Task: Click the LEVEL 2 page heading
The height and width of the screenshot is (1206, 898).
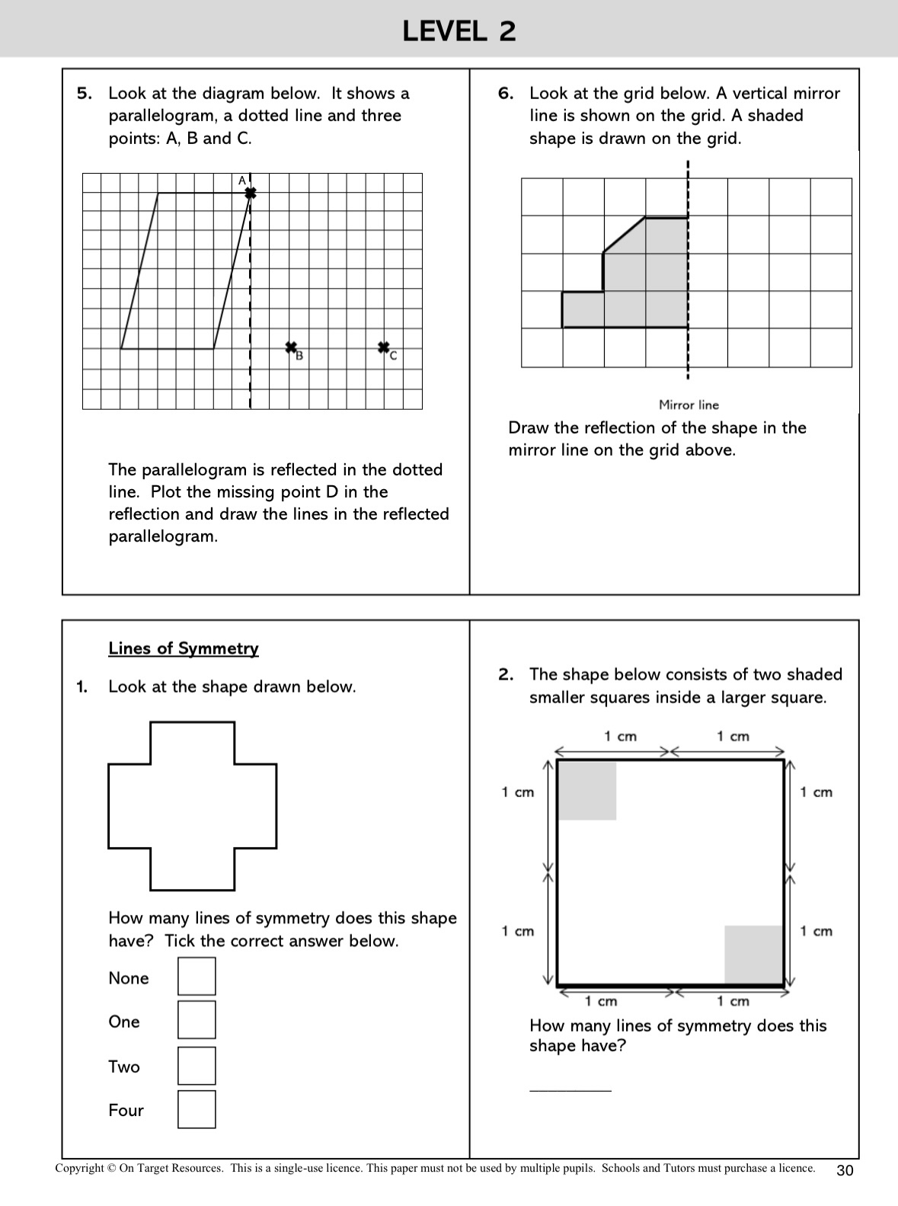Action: click(459, 31)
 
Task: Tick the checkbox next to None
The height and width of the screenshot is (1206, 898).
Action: click(197, 977)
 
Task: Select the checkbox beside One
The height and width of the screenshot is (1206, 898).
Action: click(197, 1020)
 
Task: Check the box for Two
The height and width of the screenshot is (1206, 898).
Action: click(197, 1066)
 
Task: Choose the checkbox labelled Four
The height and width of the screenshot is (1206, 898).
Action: click(197, 1109)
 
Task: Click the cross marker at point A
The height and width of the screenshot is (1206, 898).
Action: click(250, 194)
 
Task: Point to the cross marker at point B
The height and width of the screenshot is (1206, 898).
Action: click(291, 347)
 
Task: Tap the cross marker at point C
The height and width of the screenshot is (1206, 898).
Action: click(384, 347)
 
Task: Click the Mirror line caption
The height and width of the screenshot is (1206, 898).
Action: click(689, 405)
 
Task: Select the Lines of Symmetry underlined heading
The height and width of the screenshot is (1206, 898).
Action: click(184, 648)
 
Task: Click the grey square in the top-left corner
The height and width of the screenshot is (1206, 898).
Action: click(586, 791)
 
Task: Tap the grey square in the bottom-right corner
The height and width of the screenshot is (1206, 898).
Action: click(754, 955)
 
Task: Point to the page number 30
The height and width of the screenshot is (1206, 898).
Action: click(845, 1171)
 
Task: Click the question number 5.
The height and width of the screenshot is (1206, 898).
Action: click(85, 94)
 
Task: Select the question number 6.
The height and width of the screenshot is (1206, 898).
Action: click(506, 94)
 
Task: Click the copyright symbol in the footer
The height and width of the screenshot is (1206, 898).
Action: click(112, 1168)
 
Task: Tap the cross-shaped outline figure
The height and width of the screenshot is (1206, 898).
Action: click(192, 805)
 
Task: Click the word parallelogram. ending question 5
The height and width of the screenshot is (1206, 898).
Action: click(163, 536)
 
